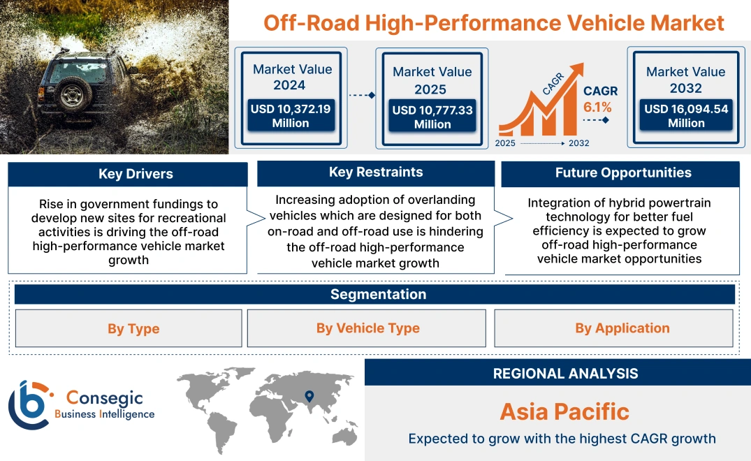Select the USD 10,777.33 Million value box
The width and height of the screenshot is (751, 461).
(432, 117)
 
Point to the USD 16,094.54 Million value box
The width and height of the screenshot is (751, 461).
(685, 116)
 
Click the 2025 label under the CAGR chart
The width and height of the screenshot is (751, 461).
(506, 143)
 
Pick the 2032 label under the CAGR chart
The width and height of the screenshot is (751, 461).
(578, 143)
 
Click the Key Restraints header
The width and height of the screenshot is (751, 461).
(376, 173)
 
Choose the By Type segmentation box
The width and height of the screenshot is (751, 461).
(133, 329)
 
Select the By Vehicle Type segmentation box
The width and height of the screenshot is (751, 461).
(367, 328)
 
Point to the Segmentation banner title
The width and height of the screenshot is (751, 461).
(378, 294)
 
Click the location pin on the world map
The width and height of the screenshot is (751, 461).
(309, 397)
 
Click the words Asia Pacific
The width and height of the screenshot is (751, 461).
(564, 411)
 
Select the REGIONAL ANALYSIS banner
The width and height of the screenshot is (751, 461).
(564, 373)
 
